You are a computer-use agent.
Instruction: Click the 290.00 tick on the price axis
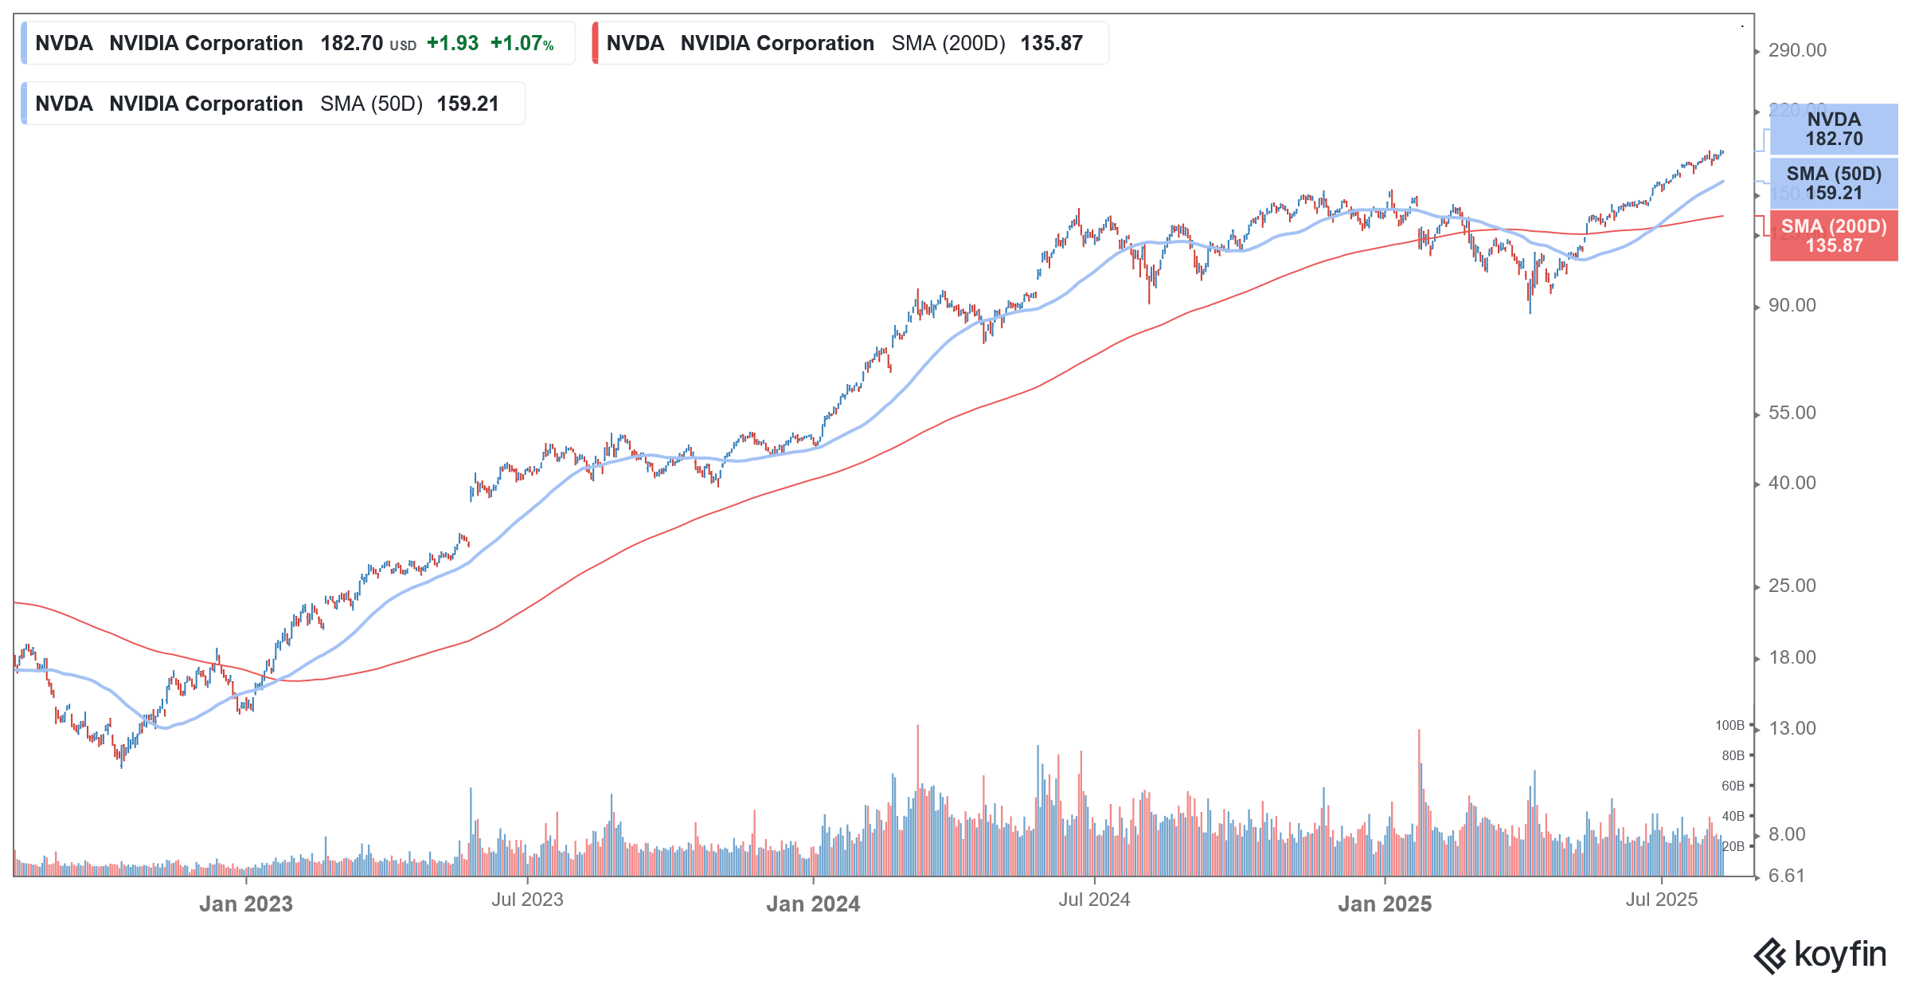[x=1796, y=51]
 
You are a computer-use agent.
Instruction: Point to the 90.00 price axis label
[x=1792, y=306]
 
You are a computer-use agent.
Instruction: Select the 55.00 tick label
[x=1792, y=414]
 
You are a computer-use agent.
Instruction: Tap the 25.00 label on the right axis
[x=1792, y=586]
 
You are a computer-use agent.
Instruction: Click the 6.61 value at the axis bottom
[x=1786, y=876]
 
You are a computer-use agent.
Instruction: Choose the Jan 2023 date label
[x=245, y=904]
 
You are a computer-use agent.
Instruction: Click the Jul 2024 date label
[x=1093, y=900]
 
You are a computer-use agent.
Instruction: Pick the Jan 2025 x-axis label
[x=1384, y=904]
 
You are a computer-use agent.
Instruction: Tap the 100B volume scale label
[x=1729, y=726]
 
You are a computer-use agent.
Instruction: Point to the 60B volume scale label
[x=1733, y=786]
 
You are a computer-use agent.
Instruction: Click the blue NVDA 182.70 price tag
[x=1833, y=129]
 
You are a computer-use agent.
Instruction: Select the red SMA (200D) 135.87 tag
[x=1833, y=236]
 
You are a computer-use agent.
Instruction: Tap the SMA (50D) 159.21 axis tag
[x=1833, y=183]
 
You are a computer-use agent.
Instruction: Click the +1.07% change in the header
[x=522, y=44]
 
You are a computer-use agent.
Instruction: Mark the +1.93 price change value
[x=452, y=44]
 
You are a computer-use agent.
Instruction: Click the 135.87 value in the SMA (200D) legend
[x=1051, y=44]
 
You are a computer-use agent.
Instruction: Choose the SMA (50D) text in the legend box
[x=371, y=104]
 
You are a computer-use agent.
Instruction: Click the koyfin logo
[x=1819, y=955]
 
